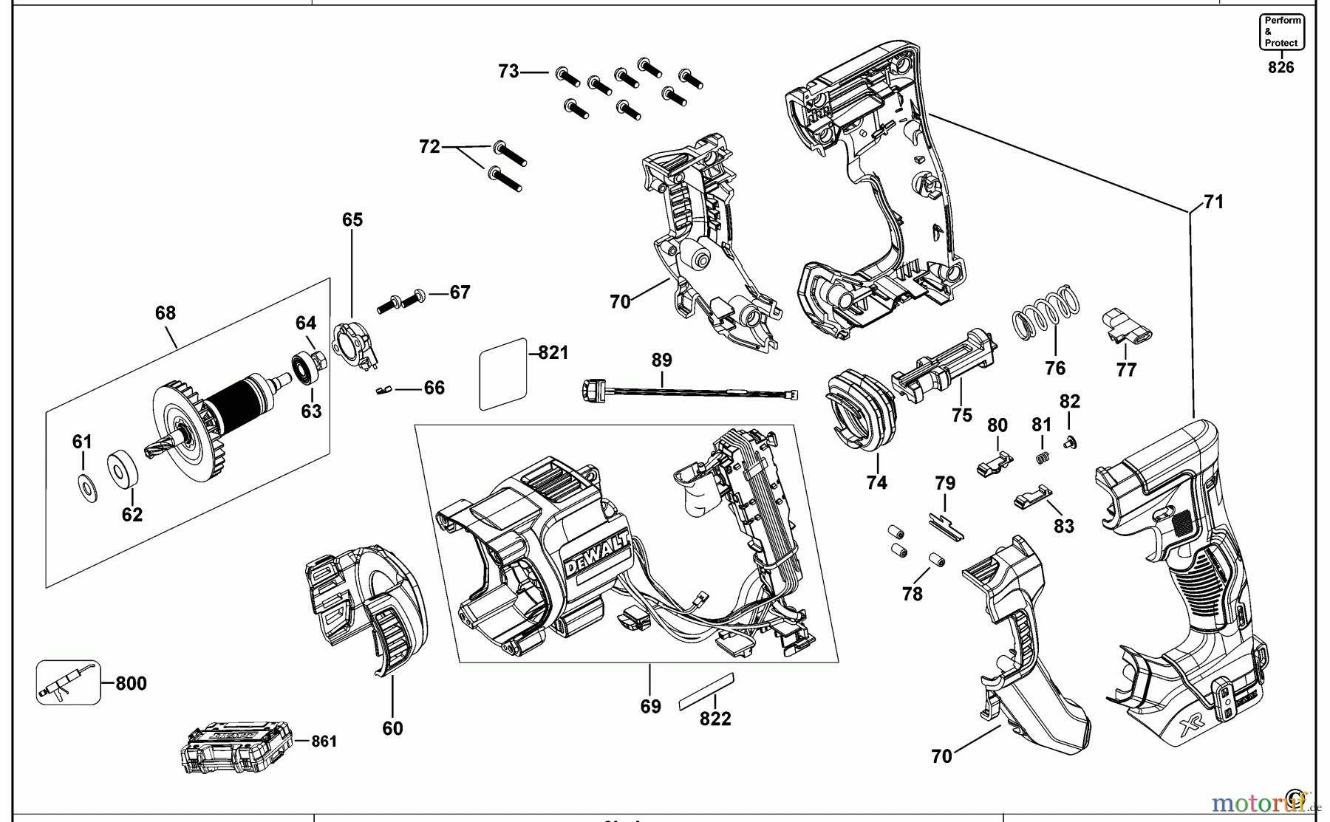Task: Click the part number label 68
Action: coord(166,313)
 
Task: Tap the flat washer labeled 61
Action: coord(86,487)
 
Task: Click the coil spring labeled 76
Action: coord(1044,312)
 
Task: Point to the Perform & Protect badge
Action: coord(1282,32)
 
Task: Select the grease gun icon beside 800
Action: coord(67,682)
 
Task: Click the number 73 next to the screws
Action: coord(508,72)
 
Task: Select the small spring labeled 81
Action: coord(1043,458)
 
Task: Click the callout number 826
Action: coord(1281,67)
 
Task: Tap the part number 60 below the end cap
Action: coord(392,728)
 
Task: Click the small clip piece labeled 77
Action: coord(1127,327)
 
